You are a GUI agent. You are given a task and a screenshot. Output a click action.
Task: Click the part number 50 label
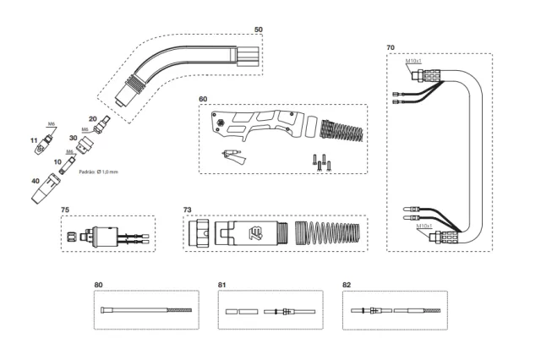coord(259,30)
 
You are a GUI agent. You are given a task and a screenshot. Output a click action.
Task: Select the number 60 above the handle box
coord(203,99)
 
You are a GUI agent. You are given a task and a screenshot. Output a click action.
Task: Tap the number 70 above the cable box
coord(391,48)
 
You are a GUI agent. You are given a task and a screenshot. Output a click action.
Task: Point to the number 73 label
coord(188,209)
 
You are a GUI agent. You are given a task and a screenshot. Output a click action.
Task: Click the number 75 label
coord(65,209)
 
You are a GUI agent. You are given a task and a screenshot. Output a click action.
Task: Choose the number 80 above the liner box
coord(98,285)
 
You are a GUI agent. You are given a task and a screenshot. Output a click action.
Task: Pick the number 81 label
coord(222,285)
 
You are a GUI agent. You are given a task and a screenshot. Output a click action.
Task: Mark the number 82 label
coord(346,285)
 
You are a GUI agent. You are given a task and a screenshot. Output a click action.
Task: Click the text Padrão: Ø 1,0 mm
coord(98,172)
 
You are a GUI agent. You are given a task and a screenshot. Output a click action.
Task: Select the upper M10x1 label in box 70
coord(413,62)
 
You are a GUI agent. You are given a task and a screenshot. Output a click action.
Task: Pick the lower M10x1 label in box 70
coord(424,226)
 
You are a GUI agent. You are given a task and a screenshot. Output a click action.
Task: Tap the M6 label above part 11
coord(52,124)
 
